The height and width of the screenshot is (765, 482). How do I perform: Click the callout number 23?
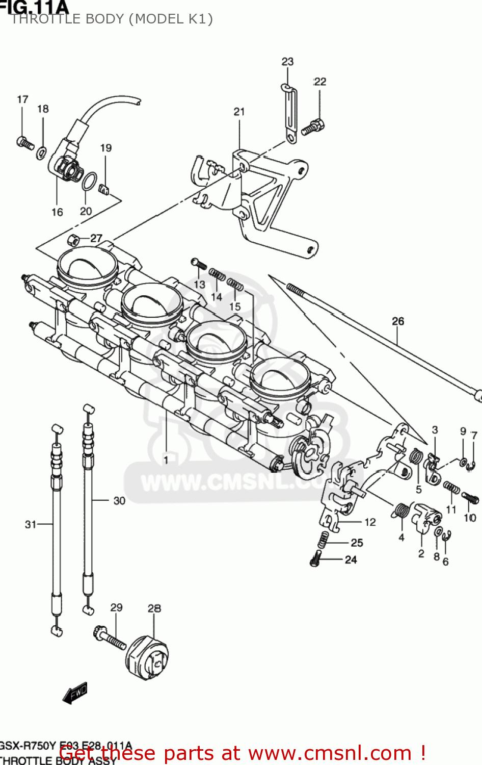pos(287,62)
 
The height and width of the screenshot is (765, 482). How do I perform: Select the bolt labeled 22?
pos(313,126)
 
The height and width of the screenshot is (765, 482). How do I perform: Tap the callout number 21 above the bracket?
pos(239,112)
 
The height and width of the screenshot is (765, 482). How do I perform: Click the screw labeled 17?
pos(24,142)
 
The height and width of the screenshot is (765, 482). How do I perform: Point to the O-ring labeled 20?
pos(89,181)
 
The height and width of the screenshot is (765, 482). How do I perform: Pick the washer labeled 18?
pos(42,152)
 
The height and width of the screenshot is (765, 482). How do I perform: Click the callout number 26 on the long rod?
pos(398,321)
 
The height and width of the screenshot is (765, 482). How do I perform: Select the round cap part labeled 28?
pos(147,657)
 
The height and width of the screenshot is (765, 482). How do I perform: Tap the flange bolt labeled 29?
pos(109,637)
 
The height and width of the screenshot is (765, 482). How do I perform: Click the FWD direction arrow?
pos(75,694)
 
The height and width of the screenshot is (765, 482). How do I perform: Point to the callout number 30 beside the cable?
pos(119,501)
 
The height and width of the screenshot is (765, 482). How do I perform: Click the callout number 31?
pos(31,524)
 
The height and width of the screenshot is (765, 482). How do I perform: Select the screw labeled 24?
pos(316,558)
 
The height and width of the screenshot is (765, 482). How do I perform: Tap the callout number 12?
pos(370,522)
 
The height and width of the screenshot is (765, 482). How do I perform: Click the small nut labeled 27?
pos(73,240)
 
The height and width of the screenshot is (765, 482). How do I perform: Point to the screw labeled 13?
pos(199,263)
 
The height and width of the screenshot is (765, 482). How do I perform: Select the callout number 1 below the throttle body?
pos(166,460)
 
